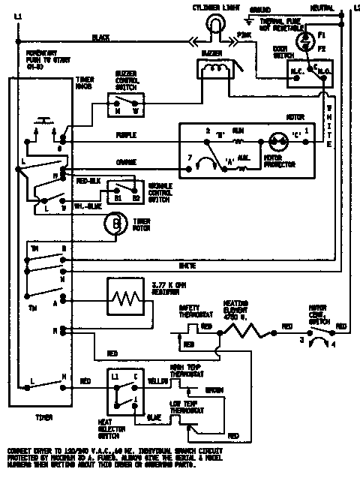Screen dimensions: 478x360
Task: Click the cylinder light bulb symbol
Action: [216, 28]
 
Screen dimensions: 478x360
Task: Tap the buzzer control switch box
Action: [127, 101]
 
